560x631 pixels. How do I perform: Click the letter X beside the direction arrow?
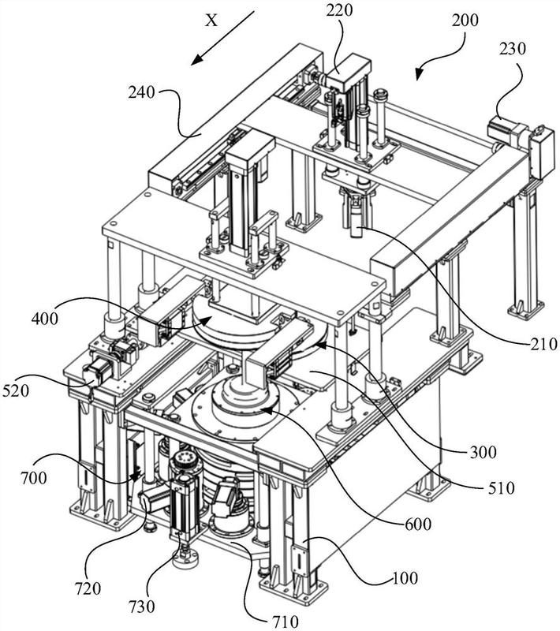point(211,21)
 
